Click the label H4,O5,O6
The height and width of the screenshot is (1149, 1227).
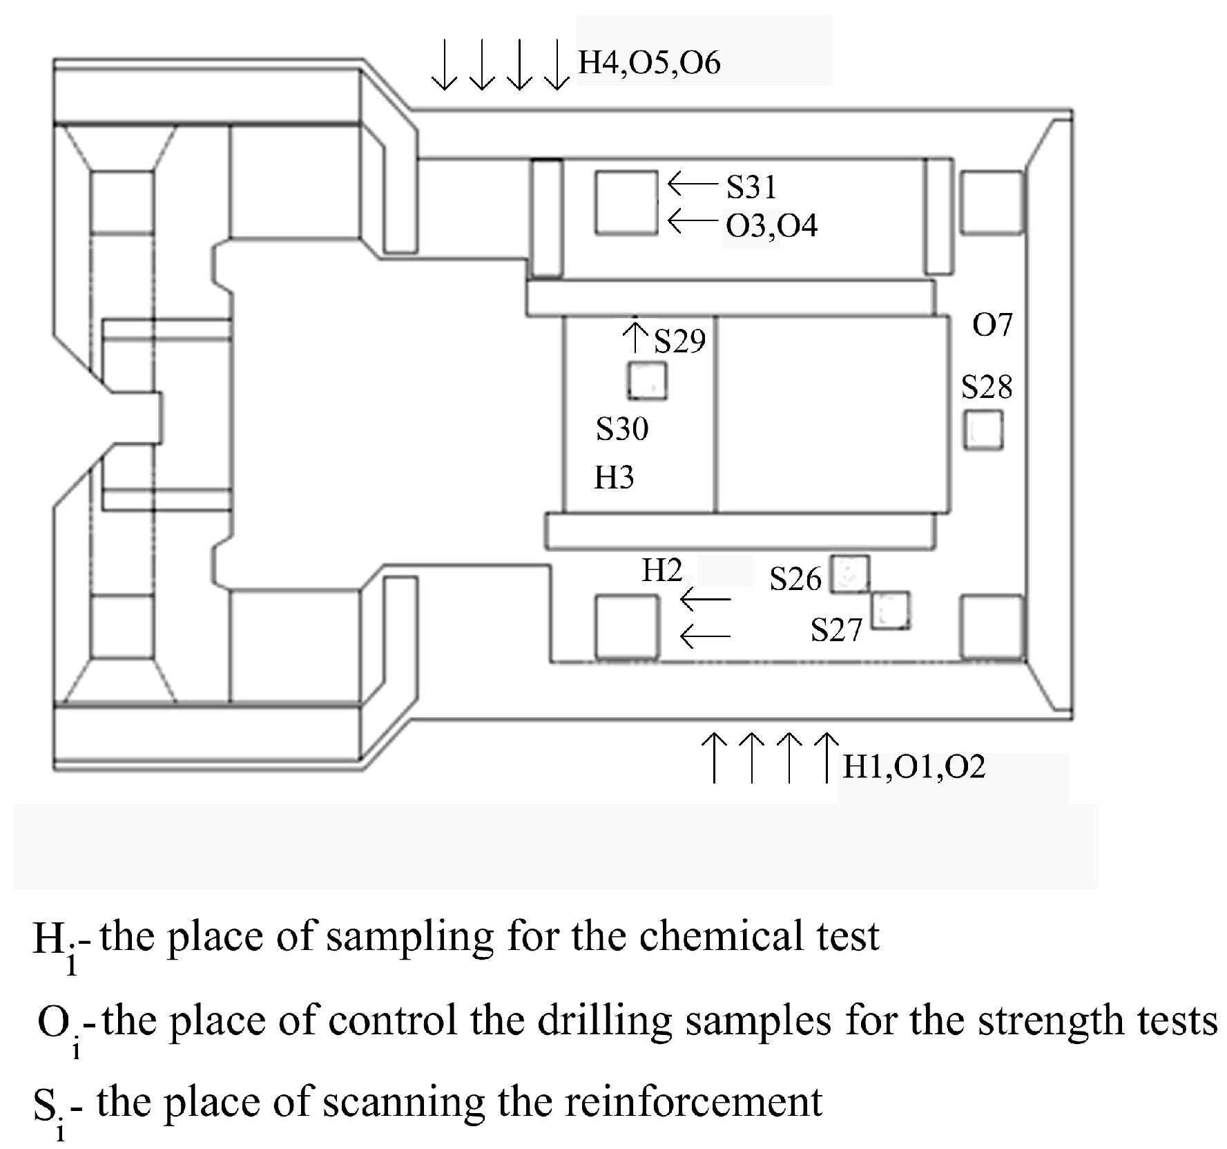(x=648, y=63)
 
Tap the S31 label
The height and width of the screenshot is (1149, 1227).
(x=751, y=187)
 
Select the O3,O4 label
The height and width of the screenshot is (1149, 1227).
(x=771, y=226)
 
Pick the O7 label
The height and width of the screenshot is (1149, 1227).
(x=992, y=325)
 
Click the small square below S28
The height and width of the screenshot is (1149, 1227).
(x=983, y=430)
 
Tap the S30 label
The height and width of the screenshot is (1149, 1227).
(x=622, y=429)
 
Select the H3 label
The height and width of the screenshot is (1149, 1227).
(x=614, y=477)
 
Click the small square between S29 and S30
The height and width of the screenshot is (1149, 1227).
(x=647, y=381)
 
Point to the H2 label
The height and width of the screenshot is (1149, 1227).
(x=661, y=570)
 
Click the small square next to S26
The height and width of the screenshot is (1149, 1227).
(x=849, y=574)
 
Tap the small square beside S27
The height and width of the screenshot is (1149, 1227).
(x=890, y=611)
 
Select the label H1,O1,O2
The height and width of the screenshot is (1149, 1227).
(x=914, y=767)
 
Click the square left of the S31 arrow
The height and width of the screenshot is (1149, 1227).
(x=626, y=203)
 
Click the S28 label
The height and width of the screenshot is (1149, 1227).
(x=987, y=388)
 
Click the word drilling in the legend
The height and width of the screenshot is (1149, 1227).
(x=605, y=1020)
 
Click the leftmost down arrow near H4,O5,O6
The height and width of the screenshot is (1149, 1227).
(x=445, y=66)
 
